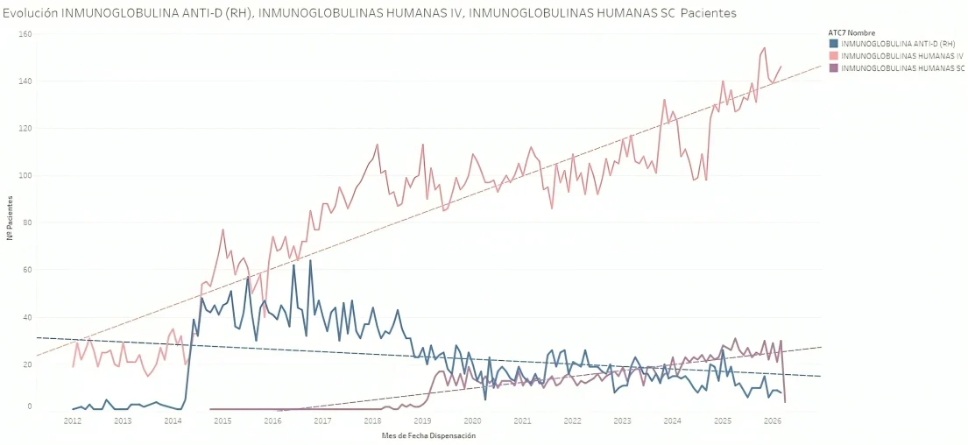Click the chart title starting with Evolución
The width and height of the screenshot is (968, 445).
click(x=368, y=13)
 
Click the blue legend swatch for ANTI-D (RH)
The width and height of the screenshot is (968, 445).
click(x=833, y=44)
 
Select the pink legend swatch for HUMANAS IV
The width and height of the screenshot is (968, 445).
click(x=833, y=55)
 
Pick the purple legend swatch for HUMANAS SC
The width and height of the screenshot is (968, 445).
click(x=833, y=67)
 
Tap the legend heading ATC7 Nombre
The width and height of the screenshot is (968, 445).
click(x=851, y=32)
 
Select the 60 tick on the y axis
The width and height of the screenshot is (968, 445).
click(x=27, y=271)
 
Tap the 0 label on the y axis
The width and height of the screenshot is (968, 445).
click(x=29, y=406)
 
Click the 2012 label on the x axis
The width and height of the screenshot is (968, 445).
click(x=73, y=421)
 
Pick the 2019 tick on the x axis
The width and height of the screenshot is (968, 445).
click(x=422, y=421)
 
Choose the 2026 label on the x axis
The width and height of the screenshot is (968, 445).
click(x=773, y=421)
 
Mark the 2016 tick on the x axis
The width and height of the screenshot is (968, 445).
click(x=272, y=421)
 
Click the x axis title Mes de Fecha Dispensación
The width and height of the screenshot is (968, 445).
click(x=428, y=435)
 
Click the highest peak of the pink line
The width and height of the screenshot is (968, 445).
click(x=764, y=48)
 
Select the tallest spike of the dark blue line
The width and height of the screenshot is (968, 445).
click(x=310, y=260)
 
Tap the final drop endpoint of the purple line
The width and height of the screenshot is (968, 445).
click(x=785, y=402)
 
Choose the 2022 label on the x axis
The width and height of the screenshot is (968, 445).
click(x=573, y=421)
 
